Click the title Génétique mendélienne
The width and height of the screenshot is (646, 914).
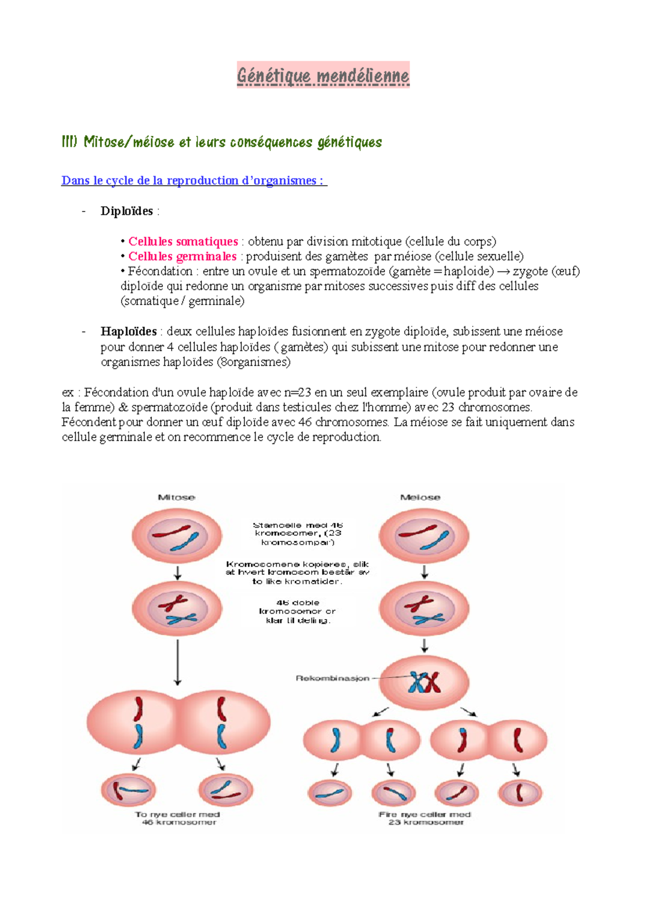click(323, 75)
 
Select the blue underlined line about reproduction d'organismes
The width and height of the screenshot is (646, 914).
click(194, 181)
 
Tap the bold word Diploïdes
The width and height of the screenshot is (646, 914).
click(127, 211)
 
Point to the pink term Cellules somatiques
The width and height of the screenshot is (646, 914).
click(183, 241)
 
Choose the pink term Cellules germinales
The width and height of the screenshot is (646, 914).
click(182, 256)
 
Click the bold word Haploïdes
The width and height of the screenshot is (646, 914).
click(128, 332)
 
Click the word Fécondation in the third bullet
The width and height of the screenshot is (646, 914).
click(160, 271)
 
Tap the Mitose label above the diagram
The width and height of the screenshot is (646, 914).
click(177, 497)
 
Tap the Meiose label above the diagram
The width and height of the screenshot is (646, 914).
click(420, 497)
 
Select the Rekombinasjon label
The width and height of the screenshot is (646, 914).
click(333, 678)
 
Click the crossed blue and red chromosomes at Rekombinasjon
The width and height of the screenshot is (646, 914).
click(424, 683)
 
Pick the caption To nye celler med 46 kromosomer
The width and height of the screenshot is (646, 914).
click(178, 818)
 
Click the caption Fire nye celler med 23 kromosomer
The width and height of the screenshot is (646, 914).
click(425, 818)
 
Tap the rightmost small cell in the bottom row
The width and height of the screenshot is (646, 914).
click(520, 792)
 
